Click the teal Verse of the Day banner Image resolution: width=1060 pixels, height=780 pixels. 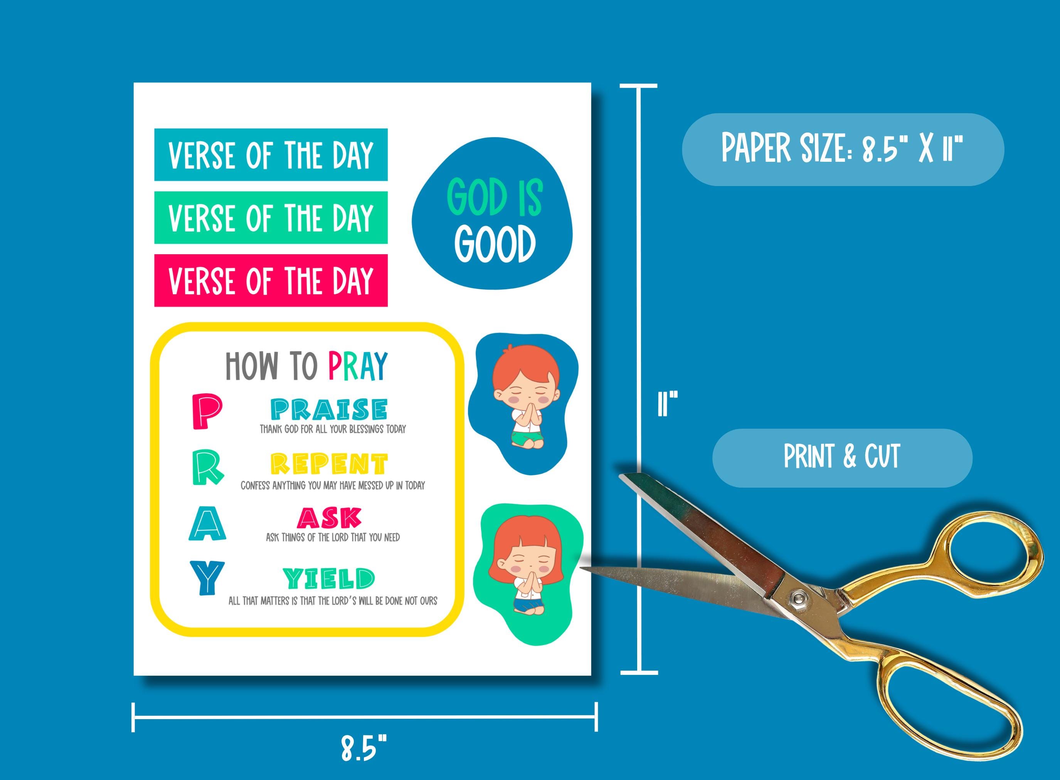pos(271,154)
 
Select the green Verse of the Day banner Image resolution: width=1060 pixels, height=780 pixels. pos(271,218)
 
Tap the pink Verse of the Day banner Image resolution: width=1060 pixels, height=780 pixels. pos(271,280)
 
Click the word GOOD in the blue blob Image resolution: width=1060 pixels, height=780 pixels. pos(495,244)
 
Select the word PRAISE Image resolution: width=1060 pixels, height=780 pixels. pos(329,409)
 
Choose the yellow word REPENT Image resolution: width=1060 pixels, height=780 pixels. pos(329,464)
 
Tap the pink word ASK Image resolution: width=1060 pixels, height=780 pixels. pos(329,518)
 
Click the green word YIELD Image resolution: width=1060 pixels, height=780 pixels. pos(329,579)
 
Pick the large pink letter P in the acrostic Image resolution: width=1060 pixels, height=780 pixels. pos(207,412)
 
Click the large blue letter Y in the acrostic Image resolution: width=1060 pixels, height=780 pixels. pos(207,577)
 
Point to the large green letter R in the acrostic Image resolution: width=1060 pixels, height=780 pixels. pos(207,468)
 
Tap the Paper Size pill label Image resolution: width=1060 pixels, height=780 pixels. pos(842,149)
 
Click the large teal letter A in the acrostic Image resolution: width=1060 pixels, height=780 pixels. pos(207,523)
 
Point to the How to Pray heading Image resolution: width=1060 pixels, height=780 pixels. pos(306,366)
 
